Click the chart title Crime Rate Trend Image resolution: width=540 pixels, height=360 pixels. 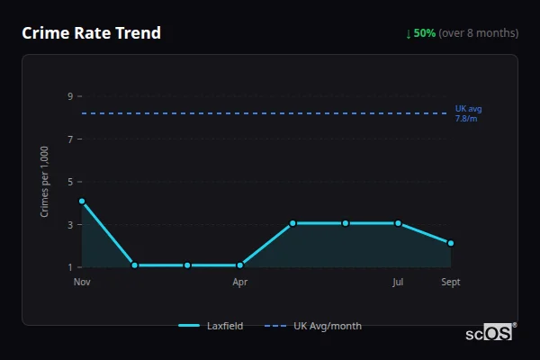tap(91, 33)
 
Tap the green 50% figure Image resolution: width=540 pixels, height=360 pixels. tap(425, 33)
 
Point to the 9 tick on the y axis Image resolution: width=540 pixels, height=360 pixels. tap(70, 96)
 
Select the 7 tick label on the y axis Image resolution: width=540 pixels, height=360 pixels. tap(70, 139)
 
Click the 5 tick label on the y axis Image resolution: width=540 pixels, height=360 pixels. tap(70, 182)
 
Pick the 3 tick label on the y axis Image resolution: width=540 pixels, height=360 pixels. tap(70, 225)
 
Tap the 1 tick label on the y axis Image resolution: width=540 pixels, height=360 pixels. tap(70, 267)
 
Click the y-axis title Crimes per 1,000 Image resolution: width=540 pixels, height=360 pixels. tap(45, 181)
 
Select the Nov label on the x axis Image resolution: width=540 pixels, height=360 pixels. tap(82, 282)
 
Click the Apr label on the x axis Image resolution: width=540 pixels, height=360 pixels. tap(240, 282)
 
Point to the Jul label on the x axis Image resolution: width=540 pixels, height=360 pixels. tap(398, 282)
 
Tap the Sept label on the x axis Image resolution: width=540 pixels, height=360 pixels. tap(451, 282)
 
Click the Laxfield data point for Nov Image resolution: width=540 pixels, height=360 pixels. tap(82, 202)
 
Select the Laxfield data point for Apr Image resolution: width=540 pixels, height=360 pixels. tap(240, 265)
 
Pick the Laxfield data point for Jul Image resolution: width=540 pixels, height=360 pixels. tap(398, 223)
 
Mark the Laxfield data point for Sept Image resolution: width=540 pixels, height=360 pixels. tap(451, 244)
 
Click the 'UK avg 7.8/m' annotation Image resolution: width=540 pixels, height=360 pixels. tap(468, 113)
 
